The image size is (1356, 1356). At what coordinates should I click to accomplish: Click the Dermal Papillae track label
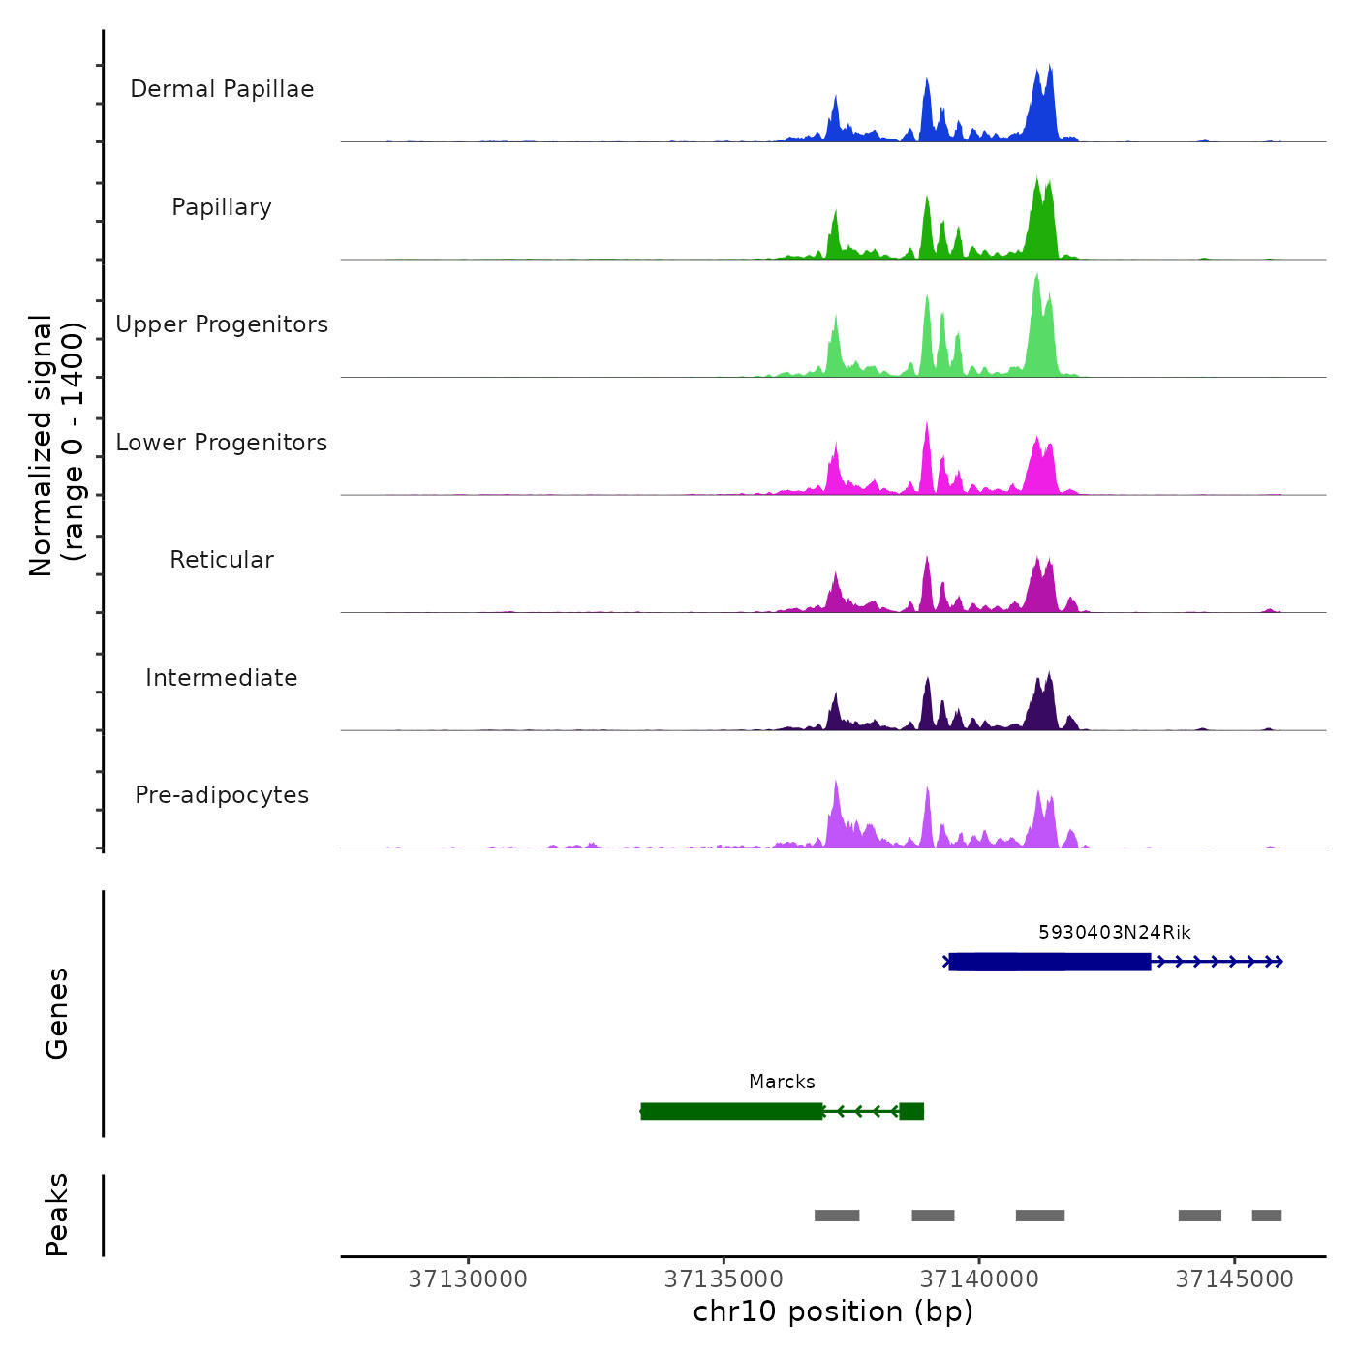(x=222, y=89)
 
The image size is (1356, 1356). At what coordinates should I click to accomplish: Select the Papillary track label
(x=222, y=207)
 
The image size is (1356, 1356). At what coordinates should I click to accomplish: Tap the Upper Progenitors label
(x=222, y=324)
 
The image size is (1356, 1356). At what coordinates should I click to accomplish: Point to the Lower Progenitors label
(x=222, y=443)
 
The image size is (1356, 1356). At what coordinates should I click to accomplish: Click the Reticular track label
(x=222, y=560)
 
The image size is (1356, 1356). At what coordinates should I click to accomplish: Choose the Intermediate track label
(x=222, y=678)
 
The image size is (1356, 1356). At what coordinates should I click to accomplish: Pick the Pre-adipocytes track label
(x=222, y=795)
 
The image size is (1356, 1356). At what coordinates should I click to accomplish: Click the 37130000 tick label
(x=468, y=1279)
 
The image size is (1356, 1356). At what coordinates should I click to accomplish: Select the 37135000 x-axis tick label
(x=724, y=1279)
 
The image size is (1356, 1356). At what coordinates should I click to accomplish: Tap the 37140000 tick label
(x=979, y=1279)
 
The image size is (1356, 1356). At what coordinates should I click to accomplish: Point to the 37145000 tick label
(x=1235, y=1279)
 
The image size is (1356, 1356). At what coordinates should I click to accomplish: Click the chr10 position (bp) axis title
(x=833, y=1311)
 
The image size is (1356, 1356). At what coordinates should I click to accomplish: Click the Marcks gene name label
(x=782, y=1082)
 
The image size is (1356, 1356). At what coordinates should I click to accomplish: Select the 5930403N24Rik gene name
(x=1114, y=933)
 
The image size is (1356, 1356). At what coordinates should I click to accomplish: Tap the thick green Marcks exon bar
(x=731, y=1111)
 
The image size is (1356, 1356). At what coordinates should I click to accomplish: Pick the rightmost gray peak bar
(x=1266, y=1216)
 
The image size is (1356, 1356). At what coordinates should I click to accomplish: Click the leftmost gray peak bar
(x=837, y=1216)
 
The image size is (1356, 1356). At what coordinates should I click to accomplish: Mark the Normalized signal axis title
(x=56, y=446)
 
